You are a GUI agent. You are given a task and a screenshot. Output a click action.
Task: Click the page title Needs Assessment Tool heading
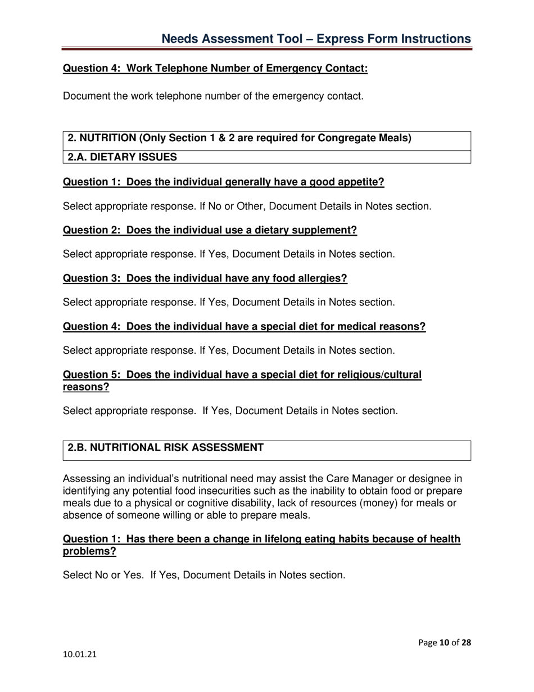coord(316,38)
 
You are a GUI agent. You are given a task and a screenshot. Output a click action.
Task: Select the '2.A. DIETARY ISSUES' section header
coord(122,158)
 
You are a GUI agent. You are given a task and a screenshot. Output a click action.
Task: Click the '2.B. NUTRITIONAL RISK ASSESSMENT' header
coord(165,448)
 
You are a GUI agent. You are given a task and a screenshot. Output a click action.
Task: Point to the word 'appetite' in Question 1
coord(362,182)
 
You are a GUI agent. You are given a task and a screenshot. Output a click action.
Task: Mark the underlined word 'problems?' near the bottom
coord(89,552)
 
